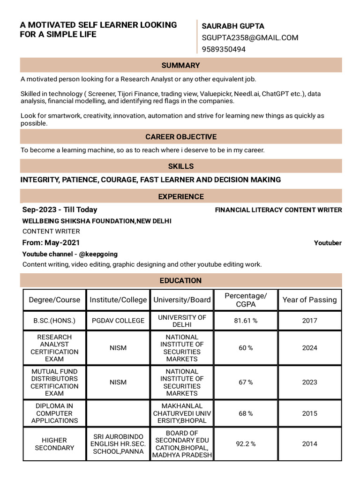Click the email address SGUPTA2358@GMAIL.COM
tap(250, 37)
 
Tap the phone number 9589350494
tap(224, 49)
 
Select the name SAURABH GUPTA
tap(233, 26)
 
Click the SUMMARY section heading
tap(180, 65)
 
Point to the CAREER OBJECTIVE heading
tap(180, 137)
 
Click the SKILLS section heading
tap(180, 166)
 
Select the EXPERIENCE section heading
tap(180, 196)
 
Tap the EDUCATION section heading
tap(180, 280)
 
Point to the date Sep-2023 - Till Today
tap(60, 210)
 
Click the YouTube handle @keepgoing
tap(98, 254)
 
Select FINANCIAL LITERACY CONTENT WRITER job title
tap(278, 210)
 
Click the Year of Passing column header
tap(309, 300)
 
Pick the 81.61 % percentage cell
tap(246, 321)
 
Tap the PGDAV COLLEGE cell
tap(118, 321)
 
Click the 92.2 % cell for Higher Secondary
tap(246, 444)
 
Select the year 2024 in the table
tap(309, 348)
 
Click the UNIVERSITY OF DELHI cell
tap(182, 321)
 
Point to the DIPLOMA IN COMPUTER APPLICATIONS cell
tap(54, 413)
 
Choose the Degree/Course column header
tap(54, 300)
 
